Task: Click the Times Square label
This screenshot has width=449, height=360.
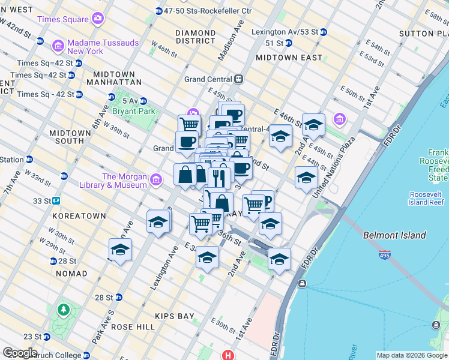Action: [62, 19]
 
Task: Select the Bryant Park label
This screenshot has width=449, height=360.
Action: [137, 111]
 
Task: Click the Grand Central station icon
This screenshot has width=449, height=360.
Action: [239, 79]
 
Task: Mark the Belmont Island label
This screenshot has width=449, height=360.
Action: [394, 236]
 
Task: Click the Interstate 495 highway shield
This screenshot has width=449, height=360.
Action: [384, 254]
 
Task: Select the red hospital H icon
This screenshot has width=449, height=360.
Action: [228, 355]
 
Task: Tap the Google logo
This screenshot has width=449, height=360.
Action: [20, 353]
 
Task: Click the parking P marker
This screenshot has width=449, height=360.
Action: [265, 200]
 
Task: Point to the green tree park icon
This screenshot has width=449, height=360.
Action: [62, 310]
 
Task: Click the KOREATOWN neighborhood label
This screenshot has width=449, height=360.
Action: [79, 215]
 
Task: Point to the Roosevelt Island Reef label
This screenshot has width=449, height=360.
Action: [427, 199]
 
